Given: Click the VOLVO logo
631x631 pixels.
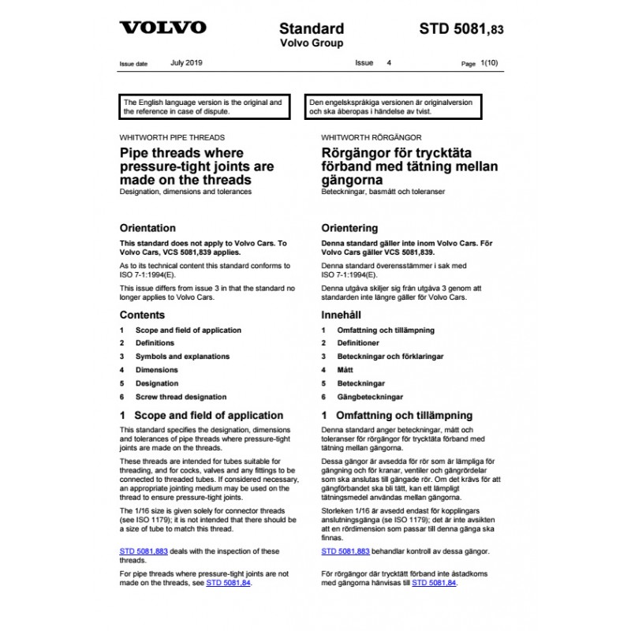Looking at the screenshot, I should (162, 28).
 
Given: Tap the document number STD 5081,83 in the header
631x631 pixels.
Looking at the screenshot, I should (461, 29).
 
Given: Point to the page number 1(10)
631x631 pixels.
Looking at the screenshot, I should (489, 62).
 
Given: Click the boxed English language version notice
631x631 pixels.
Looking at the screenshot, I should (207, 107).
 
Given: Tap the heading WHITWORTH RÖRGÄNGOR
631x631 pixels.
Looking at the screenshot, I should (372, 137).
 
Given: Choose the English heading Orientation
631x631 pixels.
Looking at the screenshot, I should (147, 228).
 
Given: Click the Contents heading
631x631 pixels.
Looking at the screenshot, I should (142, 315).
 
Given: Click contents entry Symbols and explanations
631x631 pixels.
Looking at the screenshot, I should (182, 357).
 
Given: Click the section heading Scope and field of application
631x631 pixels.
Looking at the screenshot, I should (209, 415).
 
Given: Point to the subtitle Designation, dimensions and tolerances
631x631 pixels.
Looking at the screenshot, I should (185, 192).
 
